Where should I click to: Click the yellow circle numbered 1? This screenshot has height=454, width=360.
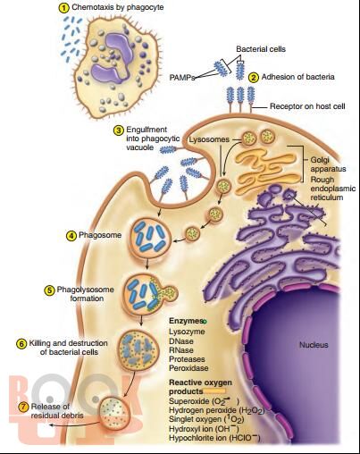tap(63, 8)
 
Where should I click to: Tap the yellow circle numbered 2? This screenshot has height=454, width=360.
tap(253, 78)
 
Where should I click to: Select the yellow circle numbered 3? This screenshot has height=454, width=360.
tap(119, 130)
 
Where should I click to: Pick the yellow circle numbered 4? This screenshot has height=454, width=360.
tap(71, 236)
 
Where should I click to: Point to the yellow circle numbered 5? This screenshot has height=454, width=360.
tap(49, 290)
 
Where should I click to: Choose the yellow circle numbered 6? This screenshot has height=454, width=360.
tap(21, 344)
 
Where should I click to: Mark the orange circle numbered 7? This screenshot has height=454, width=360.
tap(23, 407)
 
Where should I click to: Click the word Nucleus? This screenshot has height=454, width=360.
tap(314, 345)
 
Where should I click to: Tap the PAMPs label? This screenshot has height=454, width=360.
tap(182, 78)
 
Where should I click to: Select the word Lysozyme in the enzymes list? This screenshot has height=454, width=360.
tap(187, 332)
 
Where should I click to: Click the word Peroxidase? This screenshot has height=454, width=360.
tap(188, 368)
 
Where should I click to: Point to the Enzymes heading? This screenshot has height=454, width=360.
tap(186, 321)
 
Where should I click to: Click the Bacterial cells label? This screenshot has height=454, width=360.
tap(261, 49)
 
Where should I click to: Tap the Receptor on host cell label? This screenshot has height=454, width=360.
tap(307, 106)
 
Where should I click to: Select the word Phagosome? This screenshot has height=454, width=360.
tap(100, 235)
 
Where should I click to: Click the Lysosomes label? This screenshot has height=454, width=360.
tap(209, 139)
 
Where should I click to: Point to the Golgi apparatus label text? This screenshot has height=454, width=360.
tap(328, 164)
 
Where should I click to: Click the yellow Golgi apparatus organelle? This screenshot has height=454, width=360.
tap(268, 168)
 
